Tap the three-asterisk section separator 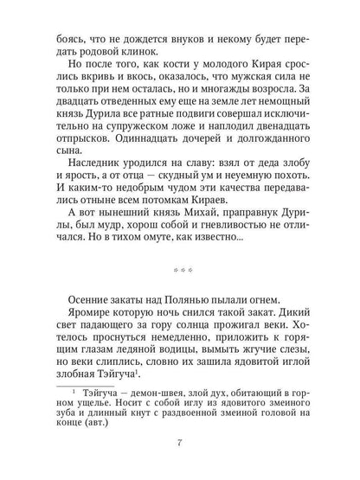click(180, 268)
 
